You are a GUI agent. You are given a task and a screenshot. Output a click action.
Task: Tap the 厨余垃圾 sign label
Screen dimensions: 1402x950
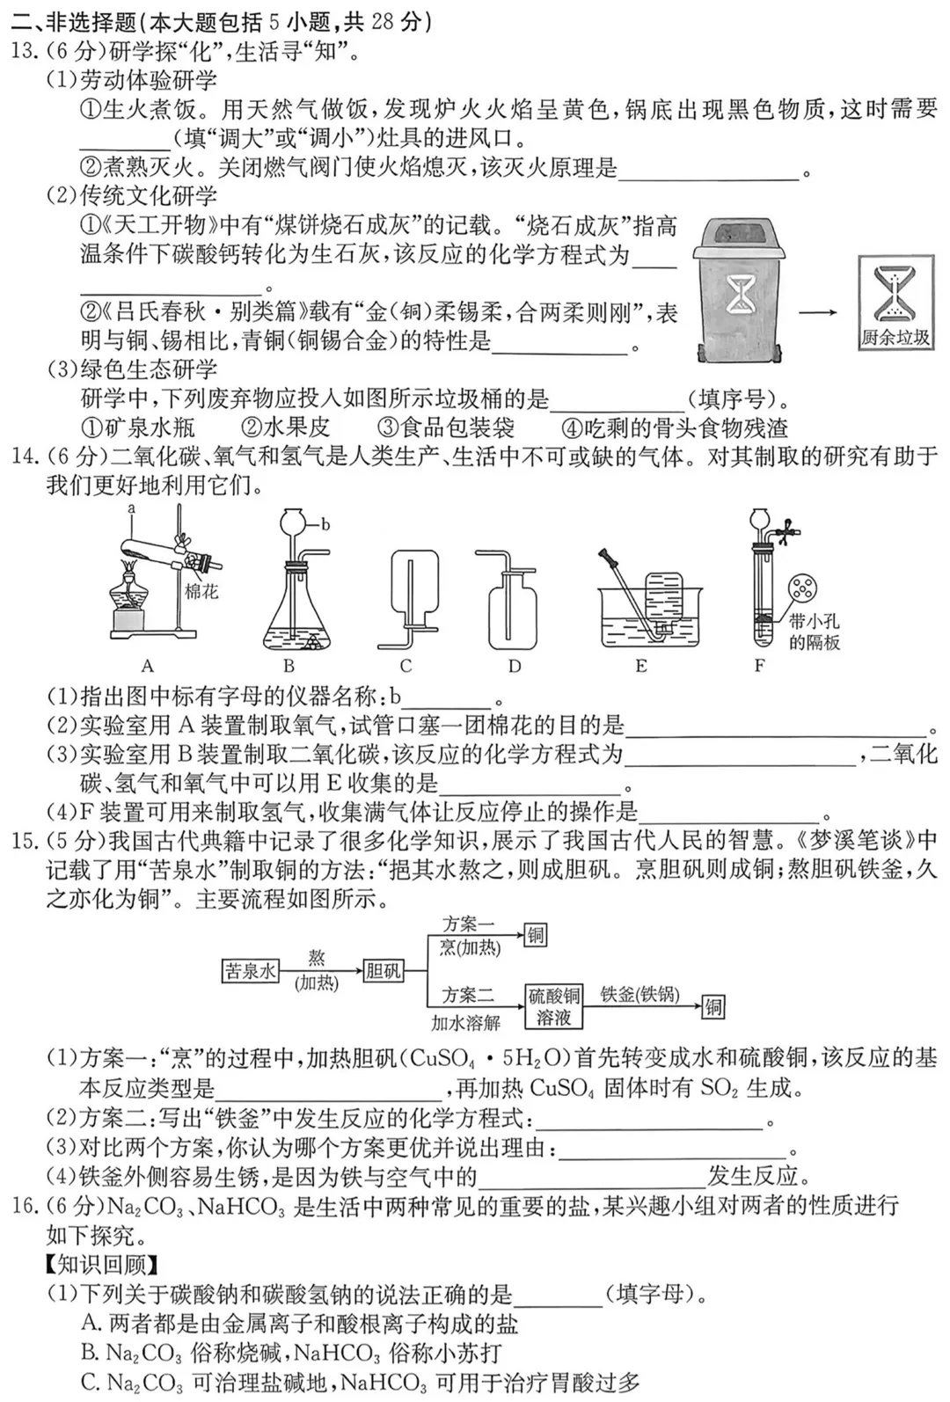895,337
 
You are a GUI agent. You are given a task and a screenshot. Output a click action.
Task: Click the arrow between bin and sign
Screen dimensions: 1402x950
818,311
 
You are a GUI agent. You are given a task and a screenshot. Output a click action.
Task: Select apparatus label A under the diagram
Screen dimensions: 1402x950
148,666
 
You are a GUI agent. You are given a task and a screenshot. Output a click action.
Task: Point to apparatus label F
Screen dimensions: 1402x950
760,666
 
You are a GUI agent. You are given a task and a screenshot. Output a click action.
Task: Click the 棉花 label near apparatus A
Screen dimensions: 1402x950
201,592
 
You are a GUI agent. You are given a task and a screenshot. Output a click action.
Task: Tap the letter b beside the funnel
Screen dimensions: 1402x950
325,525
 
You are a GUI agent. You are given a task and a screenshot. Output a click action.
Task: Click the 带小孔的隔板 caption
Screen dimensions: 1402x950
814,632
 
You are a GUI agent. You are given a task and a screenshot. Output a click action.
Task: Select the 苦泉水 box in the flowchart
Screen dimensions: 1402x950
250,971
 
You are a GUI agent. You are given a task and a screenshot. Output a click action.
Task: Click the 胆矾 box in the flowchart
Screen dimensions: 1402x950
384,971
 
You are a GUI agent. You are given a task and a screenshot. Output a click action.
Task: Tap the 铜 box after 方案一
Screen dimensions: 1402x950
535,935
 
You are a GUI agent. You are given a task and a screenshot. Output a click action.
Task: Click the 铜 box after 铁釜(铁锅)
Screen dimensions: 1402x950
713,1006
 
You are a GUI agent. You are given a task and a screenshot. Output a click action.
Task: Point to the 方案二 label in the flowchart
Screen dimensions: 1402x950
468,995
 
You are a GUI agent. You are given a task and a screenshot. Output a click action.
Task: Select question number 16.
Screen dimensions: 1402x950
23,1205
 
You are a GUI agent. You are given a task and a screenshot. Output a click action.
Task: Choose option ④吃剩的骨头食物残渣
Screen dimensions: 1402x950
675,428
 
